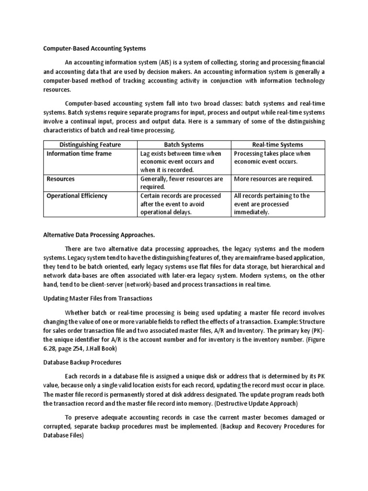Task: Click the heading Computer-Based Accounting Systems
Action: (95, 48)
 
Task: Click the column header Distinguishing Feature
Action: (90, 144)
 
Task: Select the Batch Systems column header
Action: (184, 144)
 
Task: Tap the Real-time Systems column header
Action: (277, 144)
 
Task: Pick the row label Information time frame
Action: (79, 153)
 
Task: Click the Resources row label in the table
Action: (60, 179)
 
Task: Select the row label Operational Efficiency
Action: (77, 196)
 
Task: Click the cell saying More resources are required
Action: (273, 179)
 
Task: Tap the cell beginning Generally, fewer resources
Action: (182, 183)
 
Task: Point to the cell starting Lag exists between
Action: (181, 162)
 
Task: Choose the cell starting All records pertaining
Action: (272, 204)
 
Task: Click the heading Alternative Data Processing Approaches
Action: (99, 235)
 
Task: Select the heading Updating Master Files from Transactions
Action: (98, 298)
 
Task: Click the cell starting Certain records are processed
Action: (181, 204)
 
